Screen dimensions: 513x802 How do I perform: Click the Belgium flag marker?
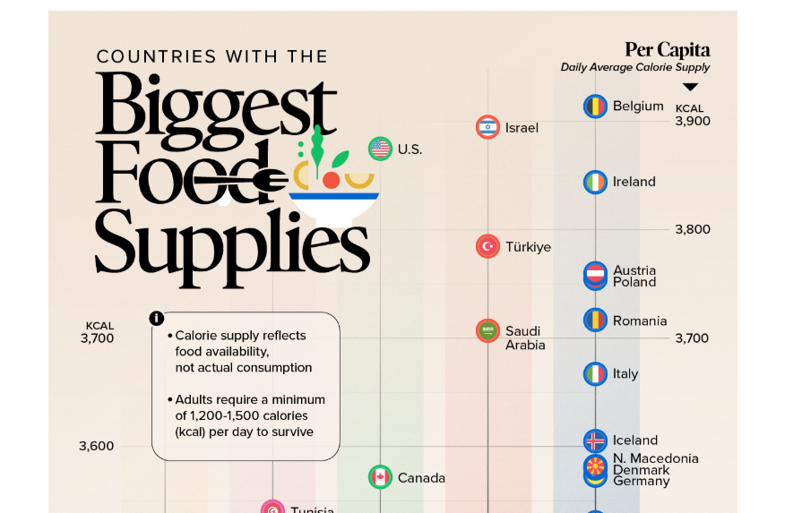(596, 107)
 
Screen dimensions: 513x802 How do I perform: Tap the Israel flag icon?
(487, 127)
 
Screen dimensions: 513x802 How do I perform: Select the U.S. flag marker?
(380, 149)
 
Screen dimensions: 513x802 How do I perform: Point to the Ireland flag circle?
(596, 182)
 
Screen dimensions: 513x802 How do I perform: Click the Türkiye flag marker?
(487, 246)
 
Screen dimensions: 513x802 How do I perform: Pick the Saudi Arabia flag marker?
(487, 331)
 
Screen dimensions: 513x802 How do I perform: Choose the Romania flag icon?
(596, 321)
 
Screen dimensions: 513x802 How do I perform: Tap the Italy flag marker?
(596, 373)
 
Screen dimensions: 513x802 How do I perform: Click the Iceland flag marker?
(596, 440)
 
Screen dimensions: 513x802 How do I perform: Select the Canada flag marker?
(380, 477)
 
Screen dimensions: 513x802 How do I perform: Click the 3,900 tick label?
(692, 121)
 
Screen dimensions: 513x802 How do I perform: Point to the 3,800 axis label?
(692, 229)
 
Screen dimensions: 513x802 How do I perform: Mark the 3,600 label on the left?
(97, 446)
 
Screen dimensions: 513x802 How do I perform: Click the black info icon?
(157, 318)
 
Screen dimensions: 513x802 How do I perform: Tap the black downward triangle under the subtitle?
(690, 87)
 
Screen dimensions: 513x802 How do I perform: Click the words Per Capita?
(667, 50)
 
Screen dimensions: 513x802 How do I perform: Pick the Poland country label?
(634, 282)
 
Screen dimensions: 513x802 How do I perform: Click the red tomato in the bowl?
(331, 180)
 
